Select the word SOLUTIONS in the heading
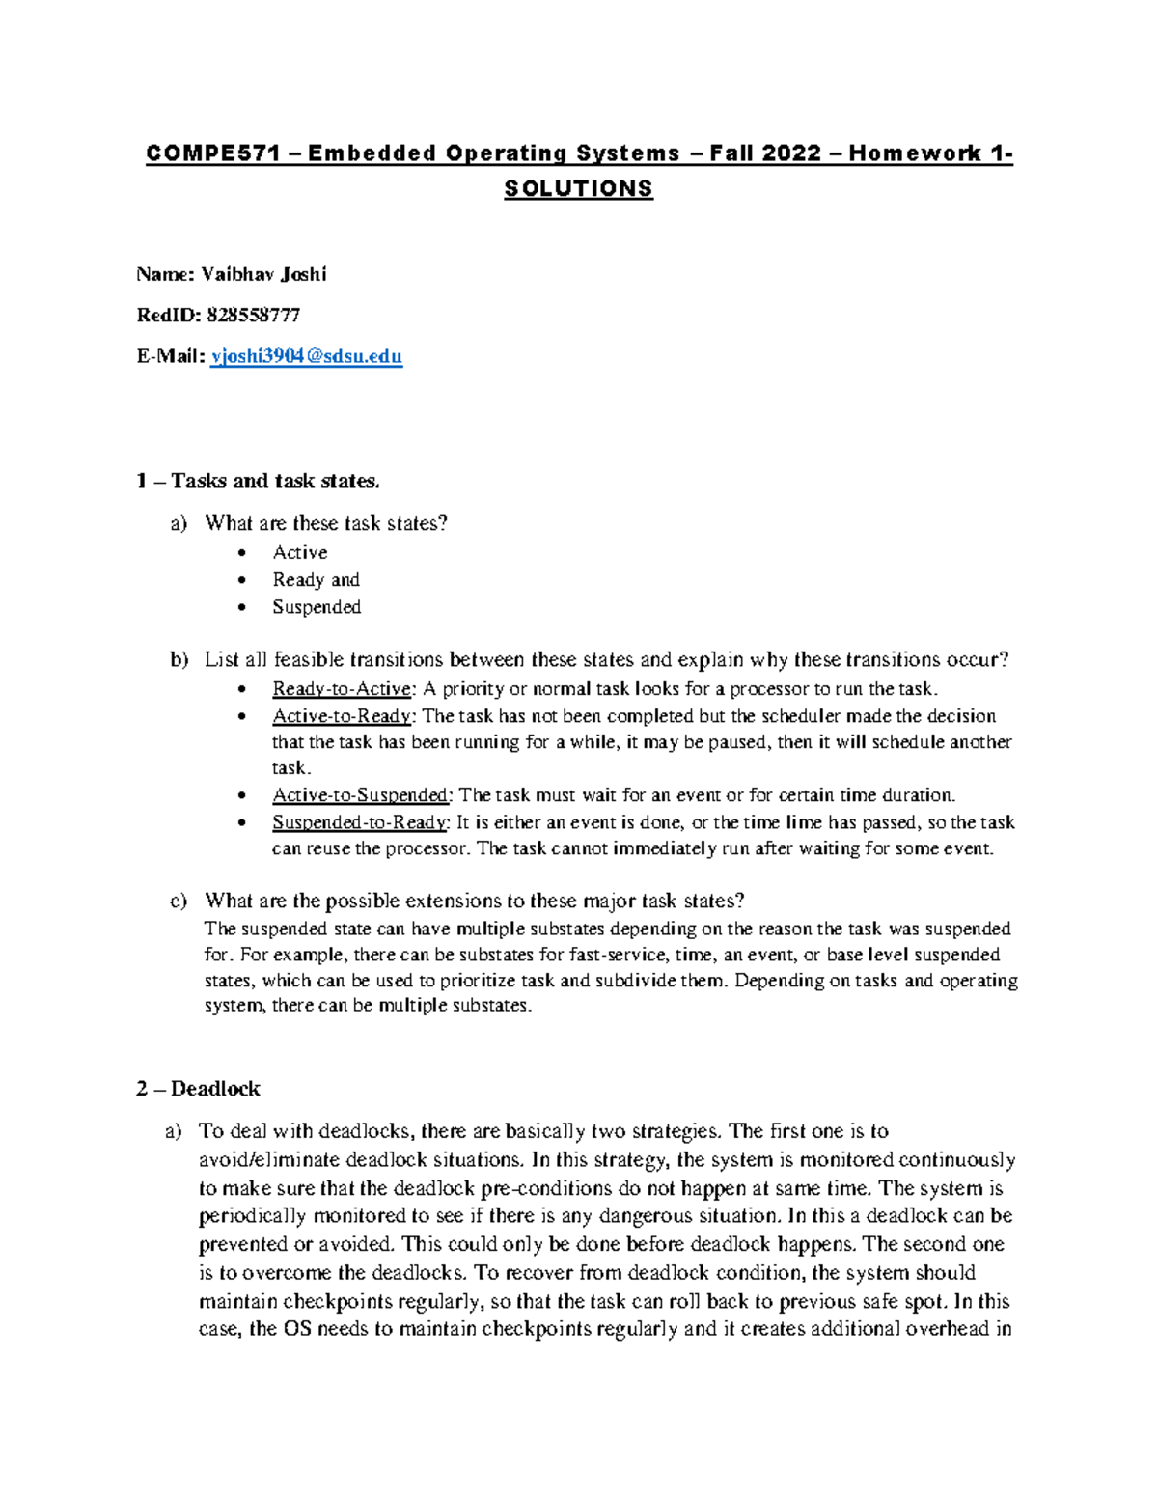[578, 188]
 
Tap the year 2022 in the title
[791, 153]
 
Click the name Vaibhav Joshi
[263, 274]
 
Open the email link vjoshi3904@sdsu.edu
[306, 356]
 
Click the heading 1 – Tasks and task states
[258, 481]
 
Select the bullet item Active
[299, 552]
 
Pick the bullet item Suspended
[316, 607]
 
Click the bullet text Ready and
[316, 579]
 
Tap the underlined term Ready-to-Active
[342, 689]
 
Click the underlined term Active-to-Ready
[342, 716]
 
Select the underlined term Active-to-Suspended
[360, 795]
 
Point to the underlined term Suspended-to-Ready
[359, 822]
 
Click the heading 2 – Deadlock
[198, 1089]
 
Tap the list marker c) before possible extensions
[178, 901]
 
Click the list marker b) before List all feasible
[179, 660]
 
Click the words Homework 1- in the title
[930, 153]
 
